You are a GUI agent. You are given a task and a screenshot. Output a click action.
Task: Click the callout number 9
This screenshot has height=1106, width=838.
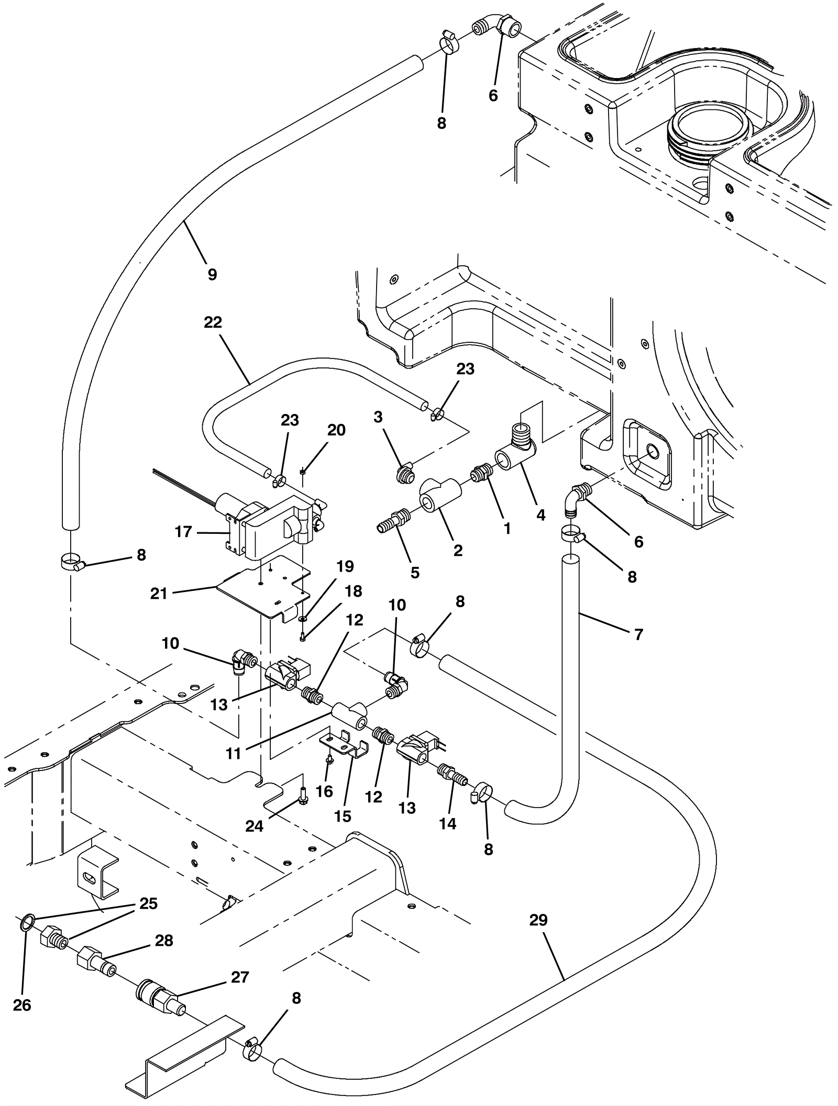(x=212, y=274)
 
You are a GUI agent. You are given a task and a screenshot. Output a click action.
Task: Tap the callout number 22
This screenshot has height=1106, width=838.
(x=213, y=322)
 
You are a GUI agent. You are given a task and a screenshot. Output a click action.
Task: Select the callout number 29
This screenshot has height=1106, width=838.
(x=538, y=920)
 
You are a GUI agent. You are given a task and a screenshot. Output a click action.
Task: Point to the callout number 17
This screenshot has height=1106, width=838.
(x=183, y=532)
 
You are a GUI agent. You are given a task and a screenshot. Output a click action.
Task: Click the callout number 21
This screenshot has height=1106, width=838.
(x=159, y=593)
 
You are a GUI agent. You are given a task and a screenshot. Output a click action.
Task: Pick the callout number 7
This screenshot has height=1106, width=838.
(x=638, y=635)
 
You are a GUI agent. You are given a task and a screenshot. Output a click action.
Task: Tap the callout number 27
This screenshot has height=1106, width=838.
(x=240, y=977)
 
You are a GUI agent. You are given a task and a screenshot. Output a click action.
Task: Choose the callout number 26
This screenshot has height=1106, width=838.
(x=22, y=1005)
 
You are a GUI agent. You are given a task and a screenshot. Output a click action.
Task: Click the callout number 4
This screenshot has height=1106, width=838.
(x=541, y=515)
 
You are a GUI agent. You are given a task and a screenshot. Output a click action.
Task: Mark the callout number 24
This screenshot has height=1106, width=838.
(x=254, y=826)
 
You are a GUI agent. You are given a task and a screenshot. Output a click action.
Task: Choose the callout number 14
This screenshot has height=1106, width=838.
(x=447, y=823)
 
